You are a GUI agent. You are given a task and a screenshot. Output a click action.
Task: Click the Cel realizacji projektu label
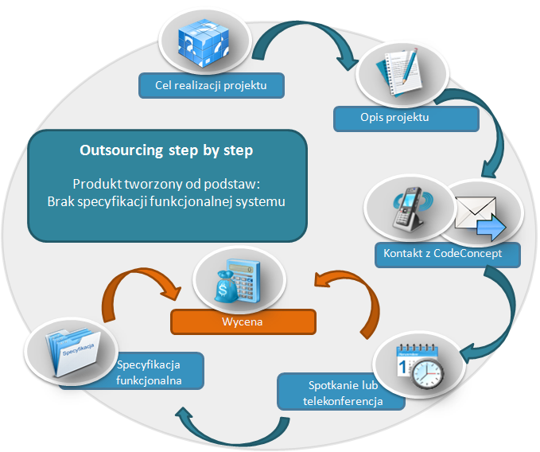[x=211, y=85]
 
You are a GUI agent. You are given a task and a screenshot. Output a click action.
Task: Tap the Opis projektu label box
[x=406, y=118]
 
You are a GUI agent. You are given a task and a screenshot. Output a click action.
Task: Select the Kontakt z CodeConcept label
[x=448, y=254]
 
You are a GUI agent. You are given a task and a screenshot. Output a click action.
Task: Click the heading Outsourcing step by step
[x=167, y=150]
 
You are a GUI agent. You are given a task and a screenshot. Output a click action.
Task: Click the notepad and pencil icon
[x=401, y=72]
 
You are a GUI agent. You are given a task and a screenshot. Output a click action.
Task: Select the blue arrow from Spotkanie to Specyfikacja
[x=231, y=430]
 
